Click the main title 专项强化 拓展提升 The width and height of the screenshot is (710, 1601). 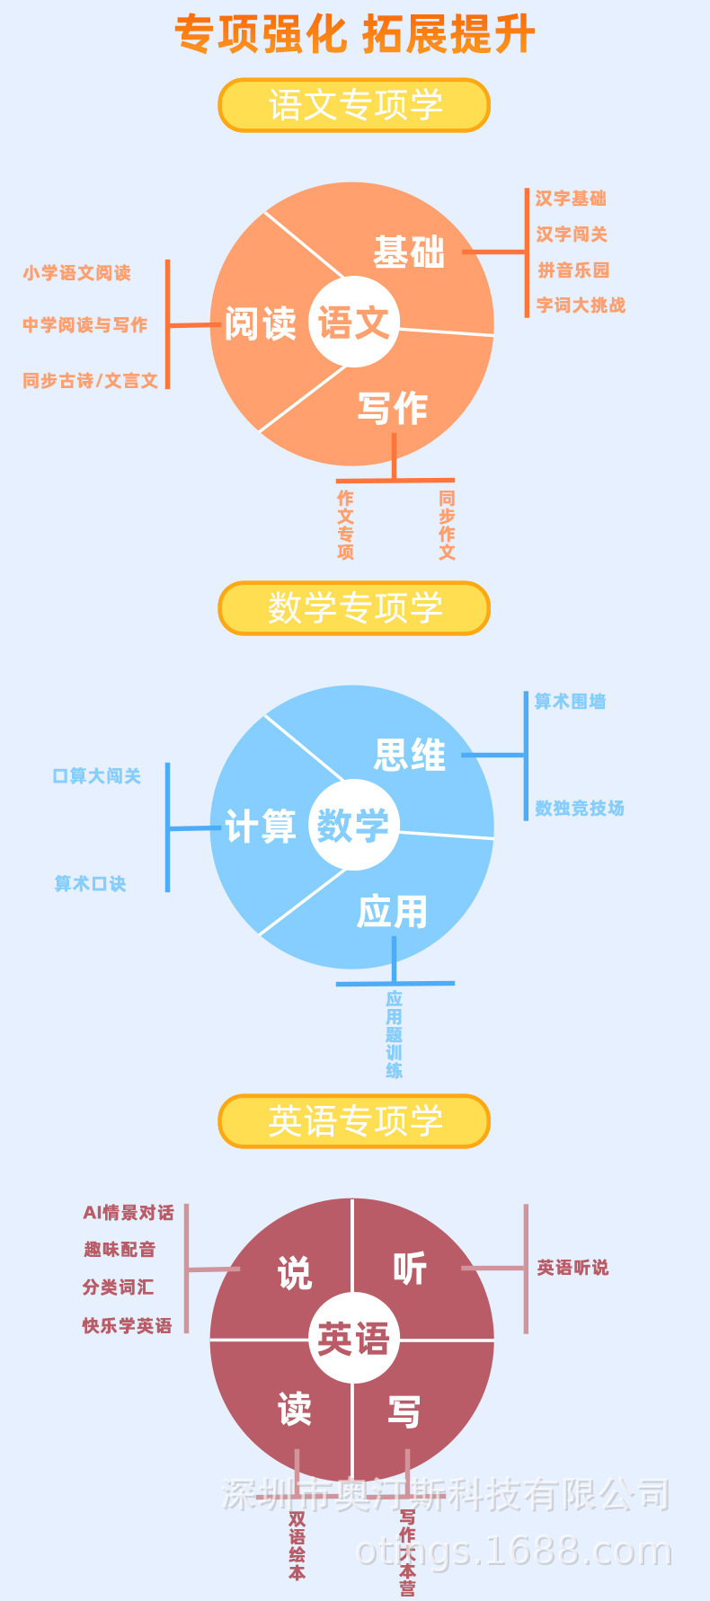point(355,34)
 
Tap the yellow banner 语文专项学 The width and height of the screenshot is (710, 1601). point(355,105)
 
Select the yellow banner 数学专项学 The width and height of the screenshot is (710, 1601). point(355,608)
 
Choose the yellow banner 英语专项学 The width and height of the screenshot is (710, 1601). point(355,1121)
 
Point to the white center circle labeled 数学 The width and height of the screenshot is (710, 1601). point(353,825)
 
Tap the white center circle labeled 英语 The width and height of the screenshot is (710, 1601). point(353,1339)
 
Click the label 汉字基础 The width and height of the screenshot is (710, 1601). point(571,199)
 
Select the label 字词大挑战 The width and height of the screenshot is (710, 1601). point(581,305)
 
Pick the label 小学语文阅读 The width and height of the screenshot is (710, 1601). point(77,273)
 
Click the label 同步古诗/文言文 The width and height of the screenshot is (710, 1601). point(91,381)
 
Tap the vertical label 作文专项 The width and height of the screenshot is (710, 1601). point(346,525)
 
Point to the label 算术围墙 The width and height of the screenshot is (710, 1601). point(571,702)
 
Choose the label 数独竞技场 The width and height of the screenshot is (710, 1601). point(580,809)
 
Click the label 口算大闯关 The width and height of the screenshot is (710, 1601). point(97,776)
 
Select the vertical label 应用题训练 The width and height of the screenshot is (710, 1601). point(395,1034)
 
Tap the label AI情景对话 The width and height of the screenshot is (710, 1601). point(129,1213)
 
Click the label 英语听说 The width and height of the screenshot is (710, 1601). point(572,1268)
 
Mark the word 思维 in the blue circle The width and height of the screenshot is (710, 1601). point(410,756)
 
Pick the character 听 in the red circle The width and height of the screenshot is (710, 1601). point(410,1269)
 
